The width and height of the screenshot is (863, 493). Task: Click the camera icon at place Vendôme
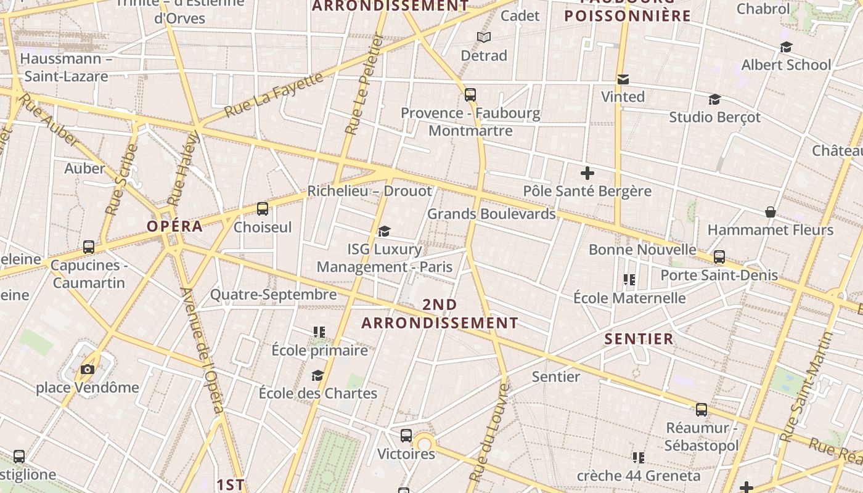click(x=88, y=369)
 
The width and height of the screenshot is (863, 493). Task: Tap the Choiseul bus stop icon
click(x=263, y=209)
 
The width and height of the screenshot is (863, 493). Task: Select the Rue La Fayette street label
click(x=274, y=94)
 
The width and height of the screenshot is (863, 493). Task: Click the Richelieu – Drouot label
click(x=370, y=191)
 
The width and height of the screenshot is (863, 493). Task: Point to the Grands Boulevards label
click(x=491, y=214)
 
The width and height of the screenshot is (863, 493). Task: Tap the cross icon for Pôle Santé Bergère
click(x=587, y=173)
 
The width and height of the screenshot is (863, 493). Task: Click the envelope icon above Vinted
click(x=623, y=79)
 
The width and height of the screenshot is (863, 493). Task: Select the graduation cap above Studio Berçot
click(x=714, y=99)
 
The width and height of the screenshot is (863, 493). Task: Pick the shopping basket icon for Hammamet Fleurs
click(x=771, y=213)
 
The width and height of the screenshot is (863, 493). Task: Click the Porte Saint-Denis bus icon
click(x=719, y=257)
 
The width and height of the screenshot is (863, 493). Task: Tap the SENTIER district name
click(x=639, y=339)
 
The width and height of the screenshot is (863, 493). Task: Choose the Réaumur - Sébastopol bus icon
click(x=701, y=410)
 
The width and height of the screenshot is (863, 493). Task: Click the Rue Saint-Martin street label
click(x=806, y=387)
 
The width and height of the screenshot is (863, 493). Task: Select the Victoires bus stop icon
click(x=406, y=436)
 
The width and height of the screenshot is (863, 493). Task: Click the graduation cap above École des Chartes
click(x=317, y=375)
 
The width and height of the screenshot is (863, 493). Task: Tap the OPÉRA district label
click(x=175, y=226)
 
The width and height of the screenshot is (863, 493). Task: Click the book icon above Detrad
click(x=484, y=38)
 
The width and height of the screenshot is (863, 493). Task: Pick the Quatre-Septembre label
click(x=274, y=295)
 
